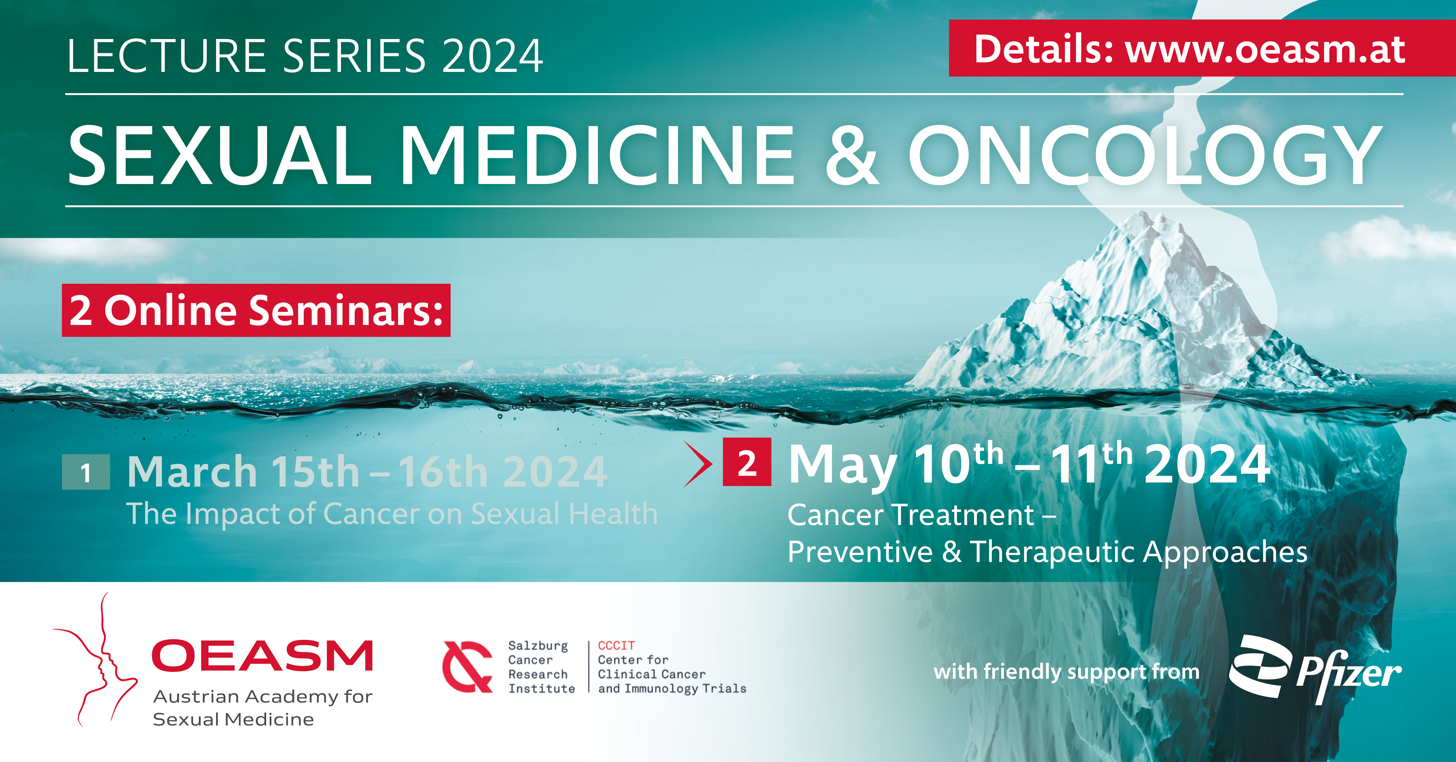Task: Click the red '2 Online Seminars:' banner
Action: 256,310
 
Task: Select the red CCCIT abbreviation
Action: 616,646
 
